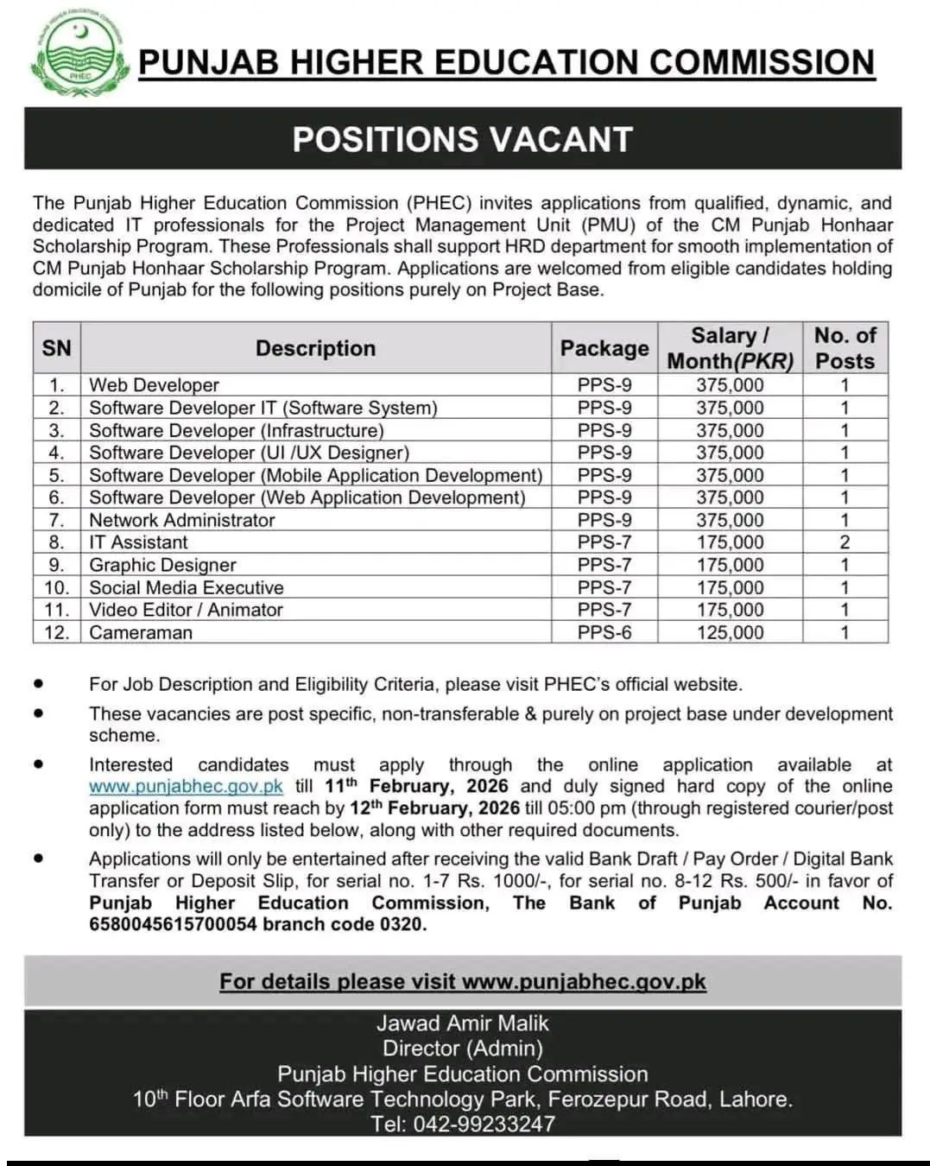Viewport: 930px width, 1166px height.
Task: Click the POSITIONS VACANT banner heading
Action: click(463, 139)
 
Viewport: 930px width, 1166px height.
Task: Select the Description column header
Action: click(315, 348)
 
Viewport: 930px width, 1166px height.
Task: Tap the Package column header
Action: click(604, 348)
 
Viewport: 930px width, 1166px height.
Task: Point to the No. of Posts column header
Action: click(845, 348)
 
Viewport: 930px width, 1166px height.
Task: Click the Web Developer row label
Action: click(154, 385)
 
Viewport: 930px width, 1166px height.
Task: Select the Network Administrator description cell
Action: click(181, 520)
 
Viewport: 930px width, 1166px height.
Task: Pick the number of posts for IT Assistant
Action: click(845, 542)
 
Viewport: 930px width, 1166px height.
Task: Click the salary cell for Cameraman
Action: click(730, 632)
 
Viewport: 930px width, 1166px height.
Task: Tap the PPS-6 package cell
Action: click(604, 632)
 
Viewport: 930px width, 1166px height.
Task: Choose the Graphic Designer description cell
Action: click(162, 565)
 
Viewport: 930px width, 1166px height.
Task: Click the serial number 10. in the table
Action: click(56, 587)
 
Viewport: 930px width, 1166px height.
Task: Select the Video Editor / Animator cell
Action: click(186, 610)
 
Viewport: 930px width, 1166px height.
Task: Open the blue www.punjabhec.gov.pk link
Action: click(186, 787)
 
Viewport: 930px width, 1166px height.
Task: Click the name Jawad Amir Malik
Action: click(463, 1023)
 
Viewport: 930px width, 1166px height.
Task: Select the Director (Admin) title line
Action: click(463, 1049)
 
